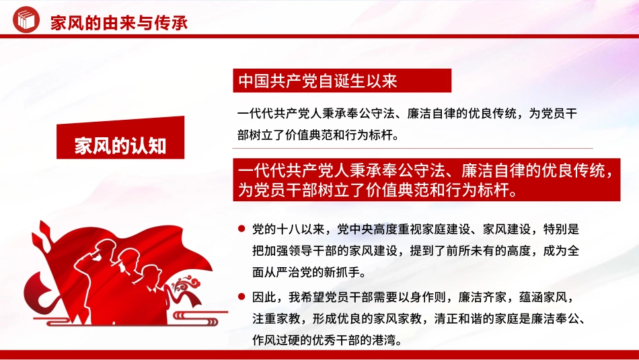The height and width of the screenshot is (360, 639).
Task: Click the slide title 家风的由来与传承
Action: (119, 23)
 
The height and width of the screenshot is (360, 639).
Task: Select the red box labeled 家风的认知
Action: (120, 147)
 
